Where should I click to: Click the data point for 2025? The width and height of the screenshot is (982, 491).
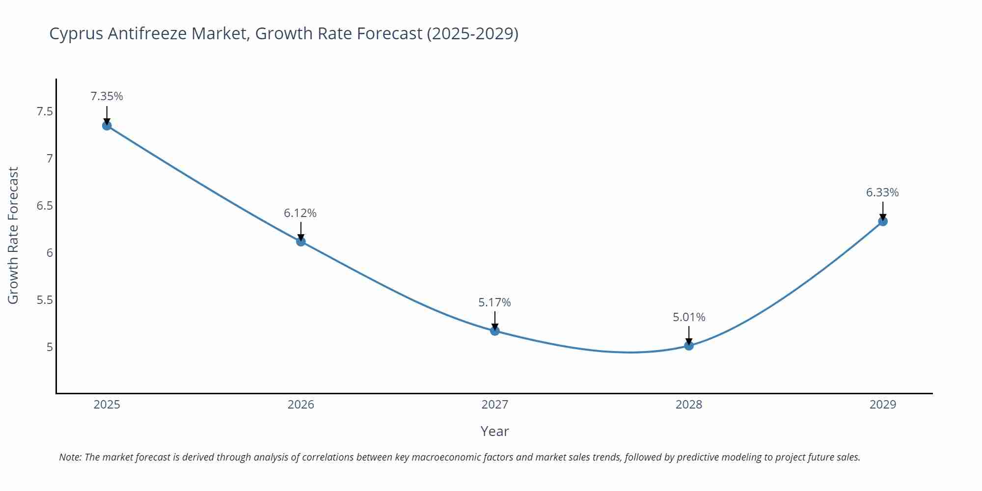point(107,126)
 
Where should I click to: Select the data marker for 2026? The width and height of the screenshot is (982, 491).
point(301,241)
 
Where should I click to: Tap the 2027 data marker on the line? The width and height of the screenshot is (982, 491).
point(495,331)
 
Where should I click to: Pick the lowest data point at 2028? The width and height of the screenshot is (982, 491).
point(689,346)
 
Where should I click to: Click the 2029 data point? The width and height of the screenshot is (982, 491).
point(883,221)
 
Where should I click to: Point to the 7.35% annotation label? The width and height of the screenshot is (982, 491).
point(107,96)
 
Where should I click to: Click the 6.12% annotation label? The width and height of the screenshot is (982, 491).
point(300,213)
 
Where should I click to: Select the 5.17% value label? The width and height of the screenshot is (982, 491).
point(494,302)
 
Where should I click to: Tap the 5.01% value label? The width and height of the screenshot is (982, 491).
point(689,317)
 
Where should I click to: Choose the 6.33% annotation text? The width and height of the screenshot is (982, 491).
point(882,192)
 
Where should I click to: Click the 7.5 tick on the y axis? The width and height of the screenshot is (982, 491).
point(45,111)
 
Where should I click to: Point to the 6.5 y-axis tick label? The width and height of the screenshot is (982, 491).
point(45,206)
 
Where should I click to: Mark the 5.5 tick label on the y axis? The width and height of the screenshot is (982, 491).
point(45,300)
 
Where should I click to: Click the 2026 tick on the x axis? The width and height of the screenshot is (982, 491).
point(300,405)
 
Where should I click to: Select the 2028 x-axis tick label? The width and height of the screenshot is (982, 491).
point(689,405)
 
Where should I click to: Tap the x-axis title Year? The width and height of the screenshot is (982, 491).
point(494,431)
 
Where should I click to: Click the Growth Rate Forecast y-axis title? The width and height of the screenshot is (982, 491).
point(13,235)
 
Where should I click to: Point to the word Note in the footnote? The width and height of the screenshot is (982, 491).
point(70,457)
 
